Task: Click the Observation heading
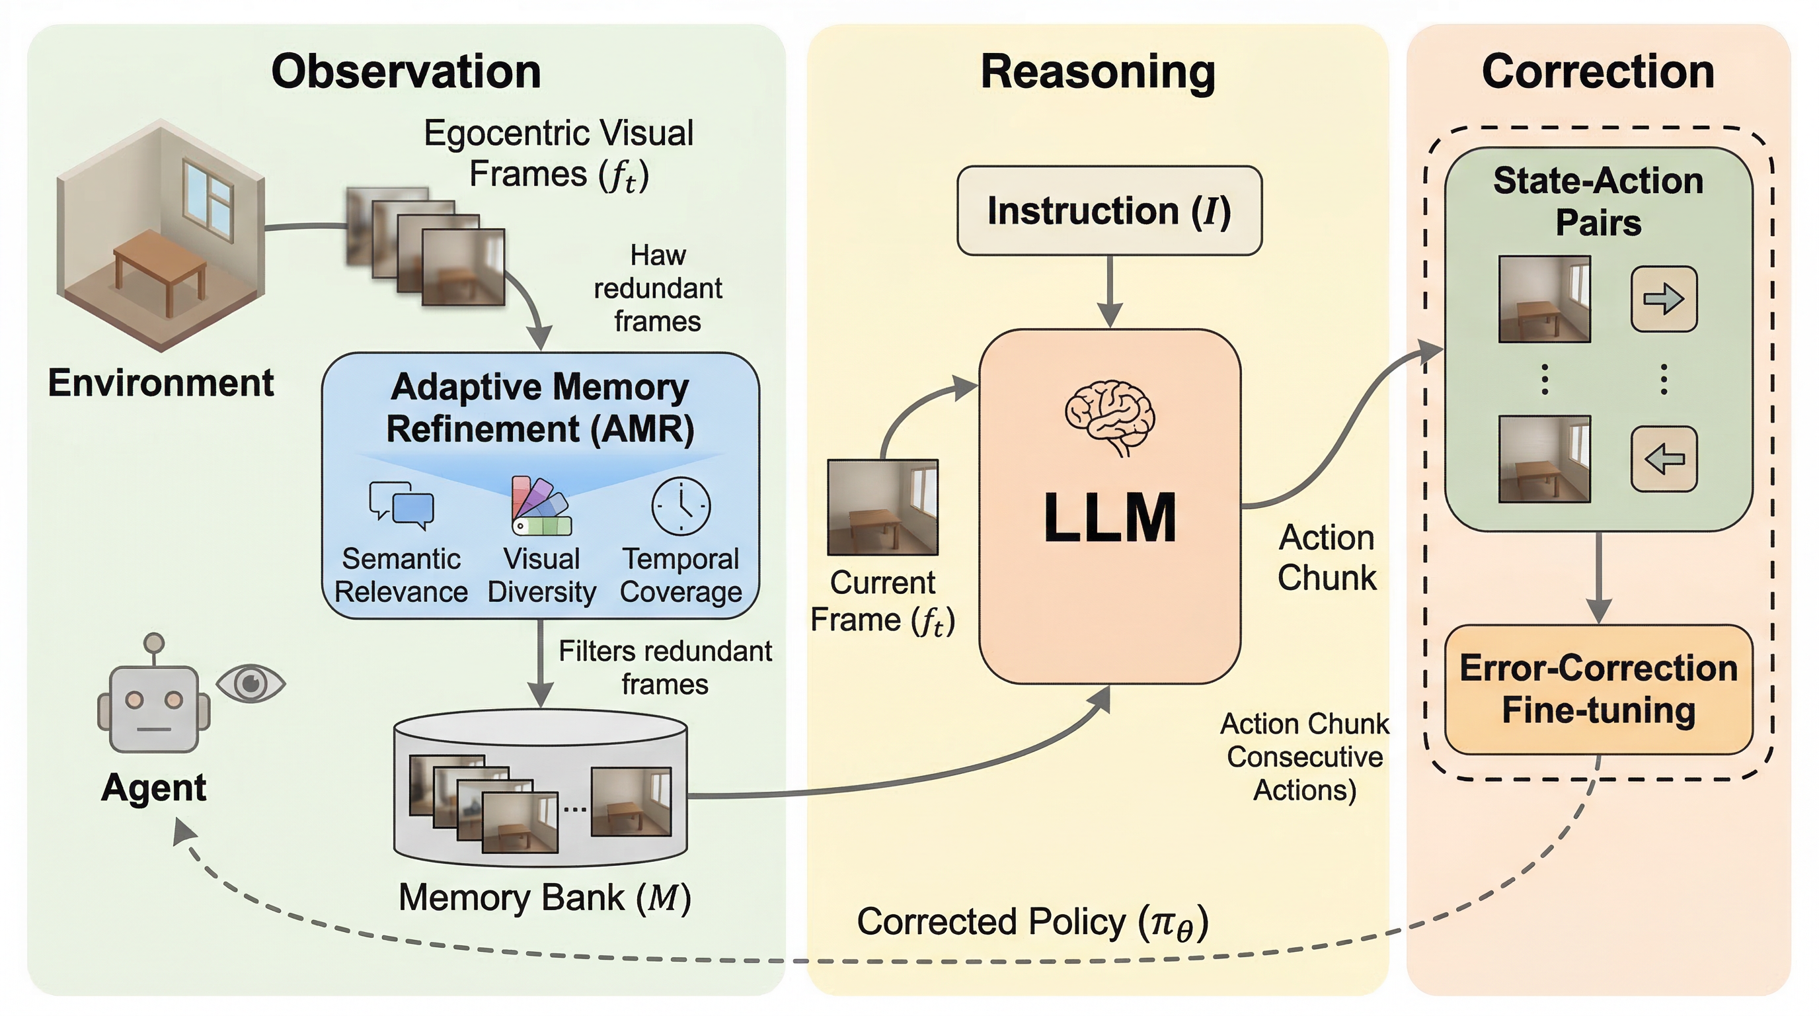point(406,71)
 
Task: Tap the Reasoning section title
point(1098,71)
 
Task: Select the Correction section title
point(1598,71)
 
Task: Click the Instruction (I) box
point(1108,210)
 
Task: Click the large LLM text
point(1109,518)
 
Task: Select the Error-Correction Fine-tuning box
point(1598,689)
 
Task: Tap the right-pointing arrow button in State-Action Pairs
point(1664,299)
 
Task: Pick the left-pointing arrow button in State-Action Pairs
point(1664,459)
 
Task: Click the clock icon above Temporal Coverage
point(681,506)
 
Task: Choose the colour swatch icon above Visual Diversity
point(541,506)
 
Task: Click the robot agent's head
point(154,708)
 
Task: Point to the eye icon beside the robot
point(251,683)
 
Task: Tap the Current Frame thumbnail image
point(882,507)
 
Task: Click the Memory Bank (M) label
point(545,898)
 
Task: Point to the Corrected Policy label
point(1032,923)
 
